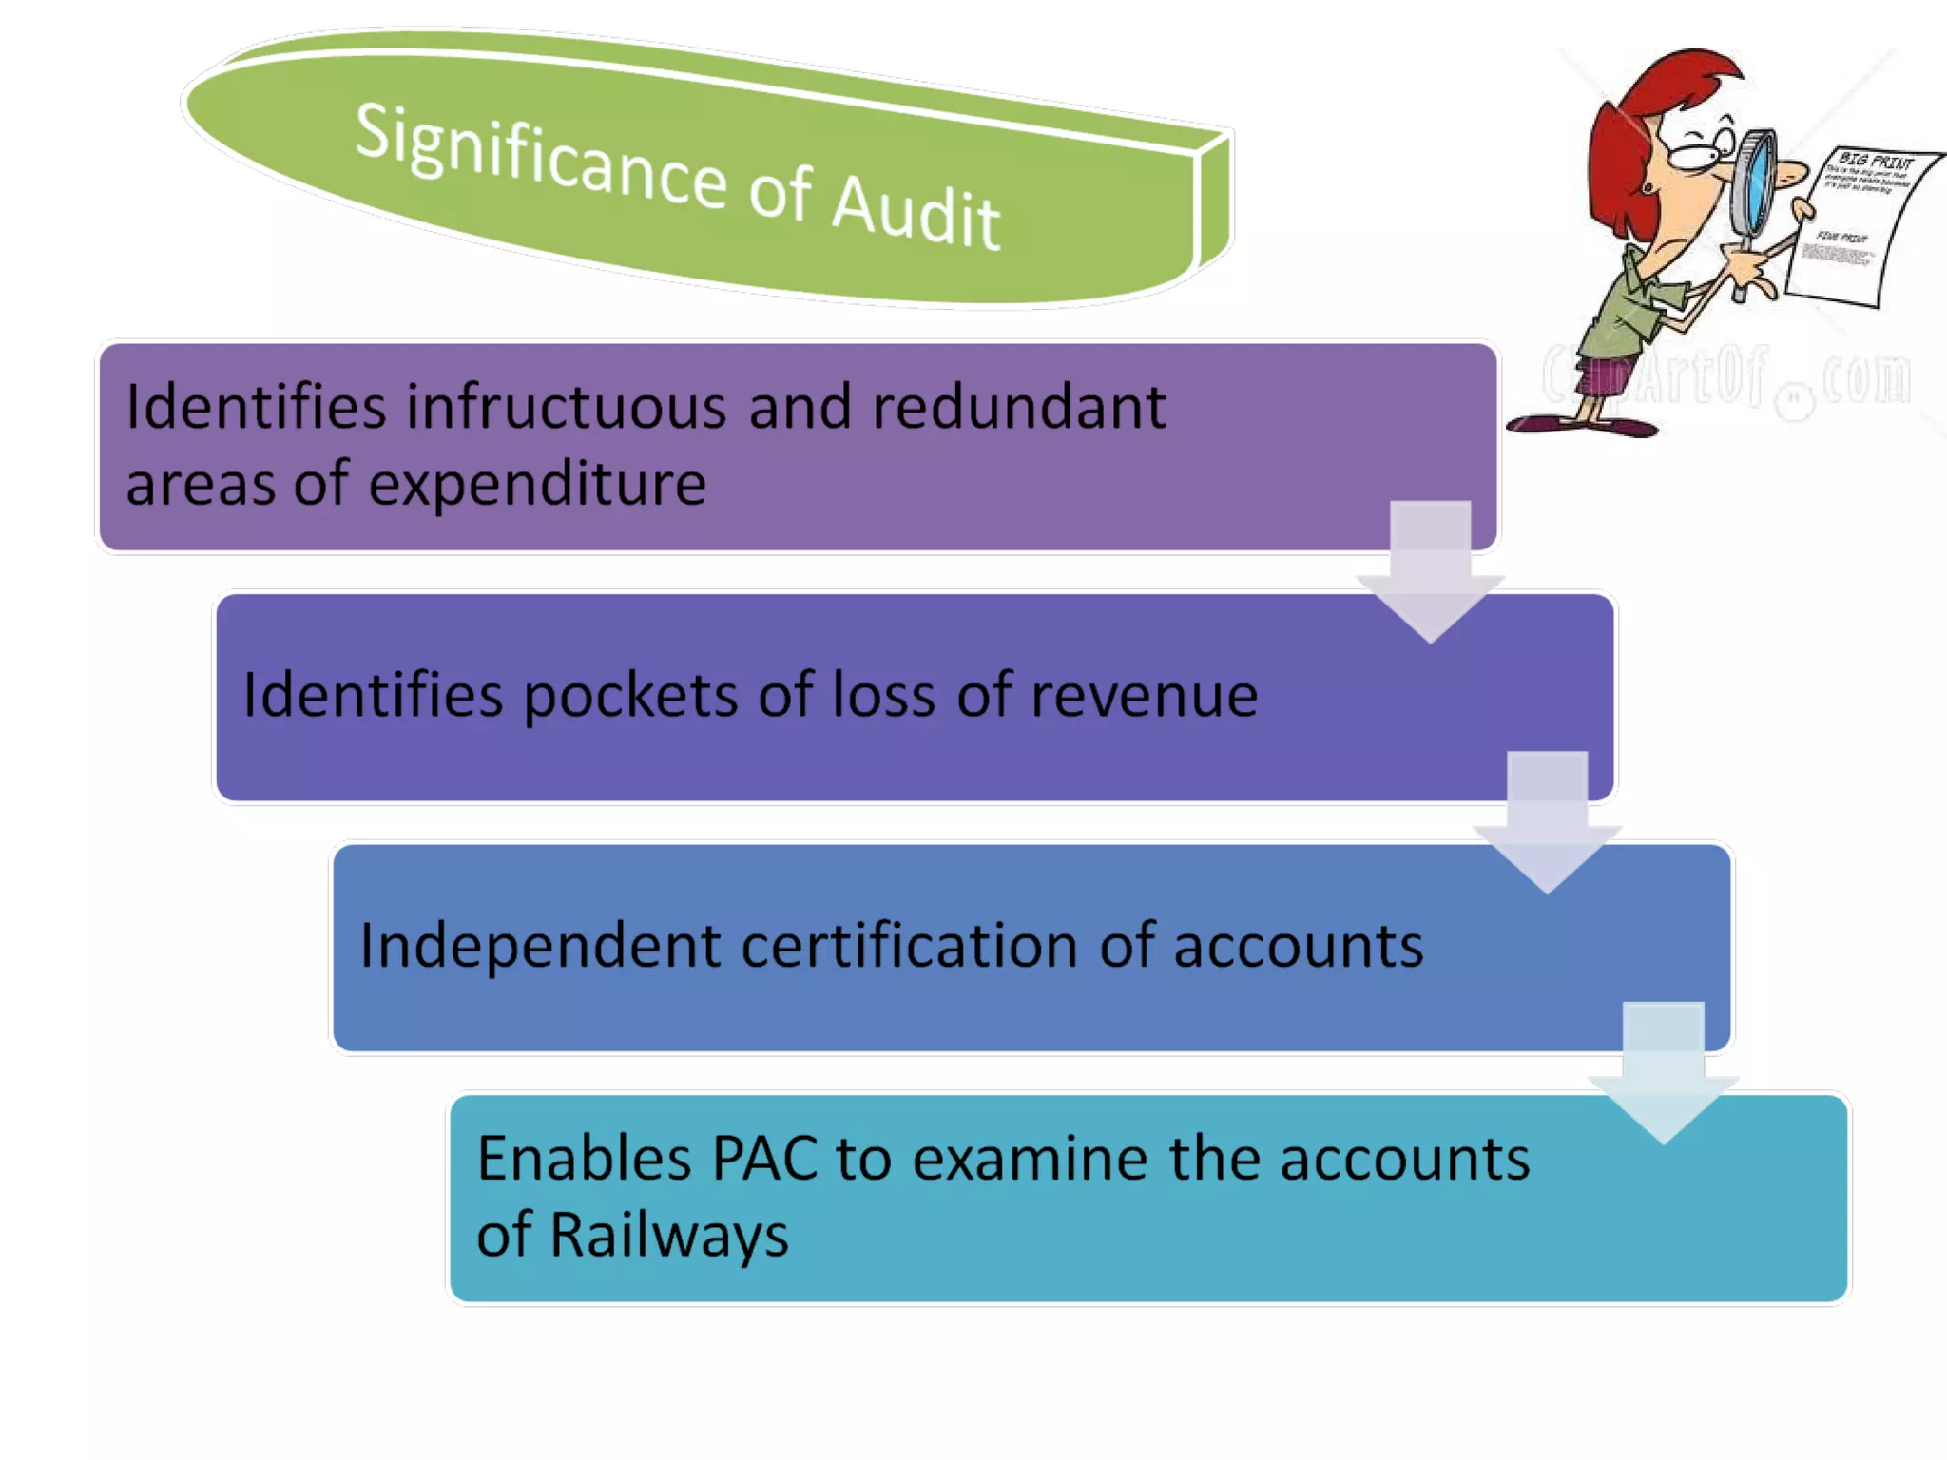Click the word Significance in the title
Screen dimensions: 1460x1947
click(540, 157)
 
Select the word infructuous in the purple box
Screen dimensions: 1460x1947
click(567, 407)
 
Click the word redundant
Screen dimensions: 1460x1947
click(1018, 407)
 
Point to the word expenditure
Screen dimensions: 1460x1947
click(537, 485)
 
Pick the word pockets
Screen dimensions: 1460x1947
click(630, 696)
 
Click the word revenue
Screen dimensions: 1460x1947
click(1144, 696)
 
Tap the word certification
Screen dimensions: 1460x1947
click(909, 946)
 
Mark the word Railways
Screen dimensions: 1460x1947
click(669, 1236)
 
